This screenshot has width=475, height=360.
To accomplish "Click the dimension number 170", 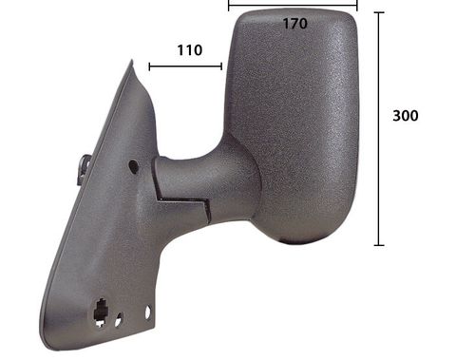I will [x=294, y=24].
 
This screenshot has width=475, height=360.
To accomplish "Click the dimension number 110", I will [x=188, y=50].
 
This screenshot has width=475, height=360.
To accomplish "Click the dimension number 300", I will [x=406, y=116].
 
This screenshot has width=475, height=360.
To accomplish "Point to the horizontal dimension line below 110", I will [x=185, y=66].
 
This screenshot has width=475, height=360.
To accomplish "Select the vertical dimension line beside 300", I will [x=379, y=128].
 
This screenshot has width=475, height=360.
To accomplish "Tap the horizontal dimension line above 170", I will [x=293, y=5].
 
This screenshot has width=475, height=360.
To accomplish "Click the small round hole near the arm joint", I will [x=132, y=166].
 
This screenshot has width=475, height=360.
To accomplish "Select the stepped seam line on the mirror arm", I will [x=185, y=201].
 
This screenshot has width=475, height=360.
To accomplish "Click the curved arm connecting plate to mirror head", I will [x=204, y=180].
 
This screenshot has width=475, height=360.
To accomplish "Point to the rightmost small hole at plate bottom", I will [x=149, y=311].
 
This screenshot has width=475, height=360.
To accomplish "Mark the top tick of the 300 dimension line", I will [x=379, y=12].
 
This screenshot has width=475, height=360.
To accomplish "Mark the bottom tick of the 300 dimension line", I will [x=379, y=245].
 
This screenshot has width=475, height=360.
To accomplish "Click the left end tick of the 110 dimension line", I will [x=149, y=66].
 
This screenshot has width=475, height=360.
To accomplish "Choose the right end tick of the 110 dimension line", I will [x=221, y=66].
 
